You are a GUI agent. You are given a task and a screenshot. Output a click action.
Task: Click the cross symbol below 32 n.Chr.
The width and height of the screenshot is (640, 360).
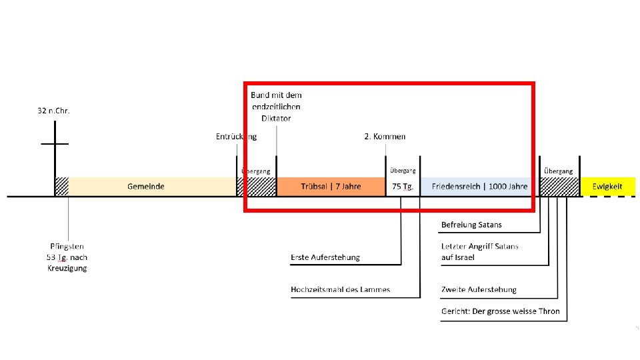[x=54, y=144]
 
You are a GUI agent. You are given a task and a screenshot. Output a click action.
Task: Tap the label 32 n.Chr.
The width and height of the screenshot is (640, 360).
[x=54, y=111]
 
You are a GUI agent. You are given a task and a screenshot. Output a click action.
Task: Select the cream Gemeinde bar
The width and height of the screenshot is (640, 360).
[x=146, y=187]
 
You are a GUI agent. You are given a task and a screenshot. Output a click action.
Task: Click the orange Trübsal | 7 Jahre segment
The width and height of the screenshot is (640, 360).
[x=331, y=187]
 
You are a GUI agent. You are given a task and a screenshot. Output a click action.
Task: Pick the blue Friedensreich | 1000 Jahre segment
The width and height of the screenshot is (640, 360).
[x=479, y=187]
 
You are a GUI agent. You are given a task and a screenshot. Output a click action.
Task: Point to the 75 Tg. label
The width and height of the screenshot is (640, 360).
[x=402, y=187]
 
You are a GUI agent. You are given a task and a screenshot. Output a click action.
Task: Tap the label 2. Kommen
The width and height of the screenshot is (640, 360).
[x=385, y=137]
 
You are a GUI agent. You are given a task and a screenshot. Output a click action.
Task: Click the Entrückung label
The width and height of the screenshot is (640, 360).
[x=236, y=137]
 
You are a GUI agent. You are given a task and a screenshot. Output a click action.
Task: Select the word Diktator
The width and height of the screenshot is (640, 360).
[x=276, y=118]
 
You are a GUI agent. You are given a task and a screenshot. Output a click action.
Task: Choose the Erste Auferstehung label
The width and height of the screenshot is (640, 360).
[x=325, y=257]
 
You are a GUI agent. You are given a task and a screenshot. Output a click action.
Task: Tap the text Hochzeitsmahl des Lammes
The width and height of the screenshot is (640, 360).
[x=340, y=289]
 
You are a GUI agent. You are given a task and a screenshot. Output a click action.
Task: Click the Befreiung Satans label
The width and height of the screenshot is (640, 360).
[x=471, y=225]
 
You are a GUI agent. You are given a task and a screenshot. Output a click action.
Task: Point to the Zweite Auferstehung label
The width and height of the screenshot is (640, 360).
[x=479, y=289]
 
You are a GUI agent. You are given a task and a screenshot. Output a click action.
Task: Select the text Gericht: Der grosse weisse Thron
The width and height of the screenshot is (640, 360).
[x=500, y=311]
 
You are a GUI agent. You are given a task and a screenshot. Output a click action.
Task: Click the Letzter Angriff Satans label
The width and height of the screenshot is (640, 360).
[x=479, y=247]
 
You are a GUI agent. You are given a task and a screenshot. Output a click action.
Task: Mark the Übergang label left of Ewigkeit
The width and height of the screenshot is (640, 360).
[x=558, y=171]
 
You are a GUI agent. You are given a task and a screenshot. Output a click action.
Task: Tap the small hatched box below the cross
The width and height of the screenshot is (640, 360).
[x=61, y=187]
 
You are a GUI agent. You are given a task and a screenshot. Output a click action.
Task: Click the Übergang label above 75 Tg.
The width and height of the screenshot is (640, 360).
[x=402, y=171]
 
